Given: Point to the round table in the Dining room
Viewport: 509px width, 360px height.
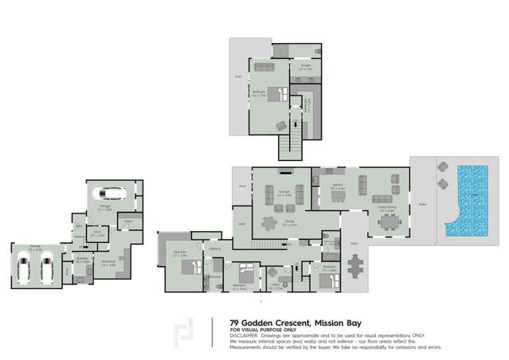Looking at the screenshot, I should tap(272, 226).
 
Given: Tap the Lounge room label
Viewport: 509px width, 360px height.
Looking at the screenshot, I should tap(283, 192).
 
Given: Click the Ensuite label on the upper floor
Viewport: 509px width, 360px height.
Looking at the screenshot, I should tap(305, 68).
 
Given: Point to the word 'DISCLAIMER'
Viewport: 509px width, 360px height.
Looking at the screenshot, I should tap(245, 335).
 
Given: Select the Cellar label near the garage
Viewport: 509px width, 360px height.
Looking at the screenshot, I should tap(128, 221).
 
